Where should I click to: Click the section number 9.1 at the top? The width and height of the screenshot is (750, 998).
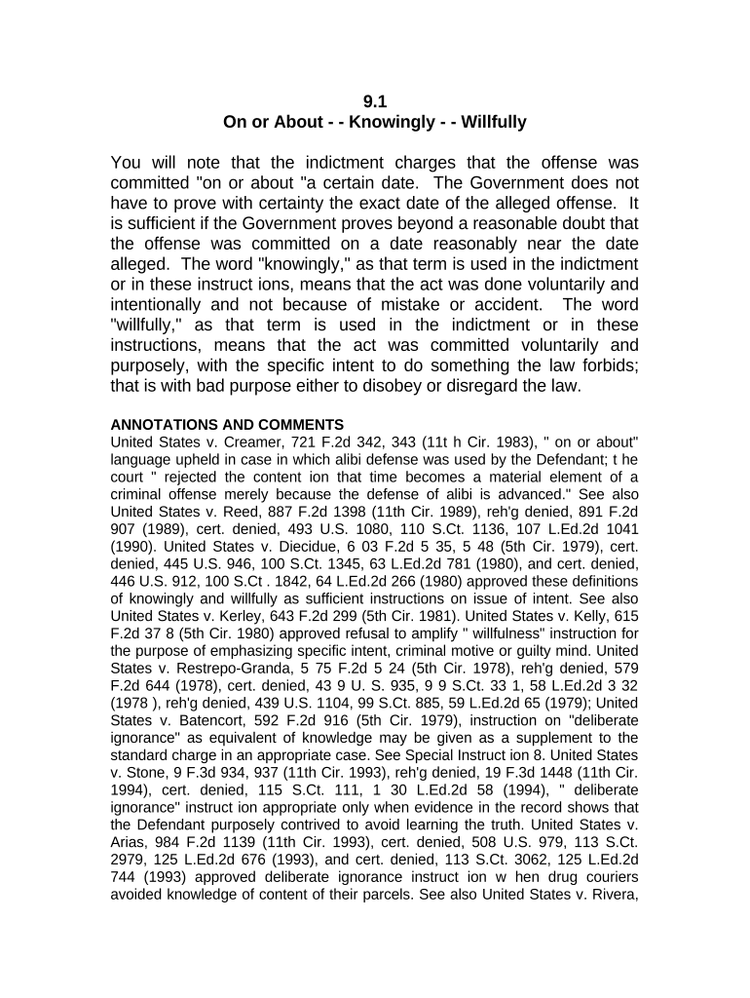click(375, 100)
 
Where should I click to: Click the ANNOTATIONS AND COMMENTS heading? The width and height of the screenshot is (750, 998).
click(227, 425)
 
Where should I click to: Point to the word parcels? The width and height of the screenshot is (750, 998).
click(387, 898)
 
